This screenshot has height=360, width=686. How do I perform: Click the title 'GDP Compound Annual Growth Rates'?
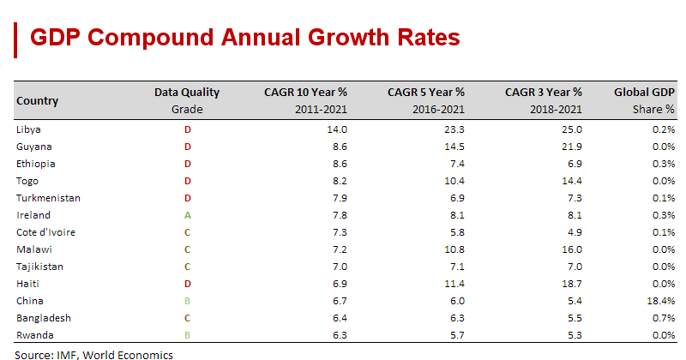pyautogui.click(x=244, y=38)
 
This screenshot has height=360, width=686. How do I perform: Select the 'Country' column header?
pyautogui.click(x=38, y=101)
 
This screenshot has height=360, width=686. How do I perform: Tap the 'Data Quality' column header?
pyautogui.click(x=187, y=93)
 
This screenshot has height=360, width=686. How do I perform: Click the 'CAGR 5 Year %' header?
pyautogui.click(x=426, y=93)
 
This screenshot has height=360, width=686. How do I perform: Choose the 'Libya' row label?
pyautogui.click(x=29, y=129)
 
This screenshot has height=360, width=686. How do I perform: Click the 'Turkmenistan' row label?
pyautogui.click(x=48, y=198)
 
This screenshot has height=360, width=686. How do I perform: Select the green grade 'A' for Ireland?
pyautogui.click(x=187, y=215)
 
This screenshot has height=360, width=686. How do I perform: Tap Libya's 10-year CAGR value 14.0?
pyautogui.click(x=337, y=129)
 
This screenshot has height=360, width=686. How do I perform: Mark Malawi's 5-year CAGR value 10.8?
pyautogui.click(x=454, y=249)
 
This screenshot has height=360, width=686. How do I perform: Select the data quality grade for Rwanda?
pyautogui.click(x=187, y=335)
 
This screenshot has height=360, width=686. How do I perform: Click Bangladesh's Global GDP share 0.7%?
pyautogui.click(x=663, y=318)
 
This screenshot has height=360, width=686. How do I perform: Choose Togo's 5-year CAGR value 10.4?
pyautogui.click(x=454, y=181)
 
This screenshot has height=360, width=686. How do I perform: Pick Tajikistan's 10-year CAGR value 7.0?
pyautogui.click(x=340, y=267)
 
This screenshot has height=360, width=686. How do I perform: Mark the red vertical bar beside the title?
pyautogui.click(x=16, y=39)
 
